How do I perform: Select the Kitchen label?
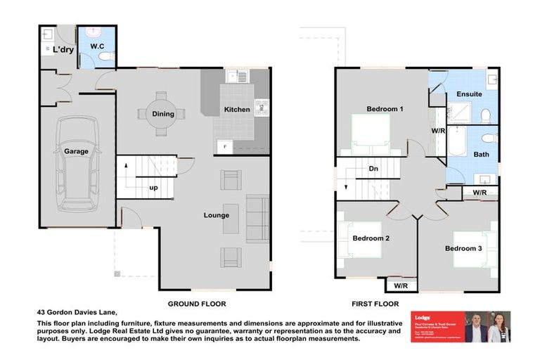pyautogui.click(x=236, y=110)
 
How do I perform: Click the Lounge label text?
pyautogui.click(x=216, y=215)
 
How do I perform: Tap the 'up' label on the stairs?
pyautogui.click(x=153, y=188)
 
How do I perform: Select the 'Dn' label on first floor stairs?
pyautogui.click(x=374, y=169)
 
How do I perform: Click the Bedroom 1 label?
pyautogui.click(x=385, y=109)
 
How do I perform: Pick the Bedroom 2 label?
pyautogui.click(x=371, y=238)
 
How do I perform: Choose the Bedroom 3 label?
pyautogui.click(x=463, y=249)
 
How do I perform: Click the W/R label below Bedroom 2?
pyautogui.click(x=401, y=285)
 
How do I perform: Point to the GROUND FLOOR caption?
pyautogui.click(x=195, y=304)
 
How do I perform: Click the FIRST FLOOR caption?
pyautogui.click(x=375, y=304)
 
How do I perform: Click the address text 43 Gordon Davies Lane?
pyautogui.click(x=77, y=313)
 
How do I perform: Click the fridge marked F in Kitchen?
pyautogui.click(x=224, y=146)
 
